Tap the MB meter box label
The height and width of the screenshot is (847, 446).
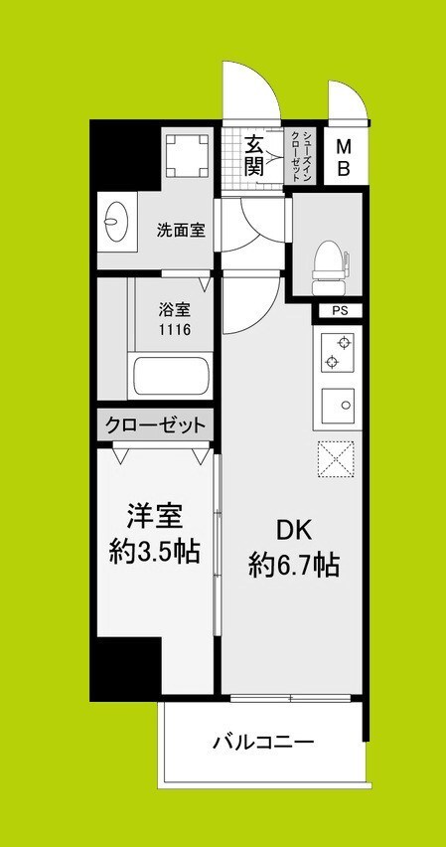(344, 157)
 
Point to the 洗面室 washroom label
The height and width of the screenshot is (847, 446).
(181, 231)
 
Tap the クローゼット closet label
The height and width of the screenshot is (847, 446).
(155, 425)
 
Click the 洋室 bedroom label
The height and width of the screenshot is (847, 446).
(155, 520)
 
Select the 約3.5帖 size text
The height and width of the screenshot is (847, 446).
(155, 554)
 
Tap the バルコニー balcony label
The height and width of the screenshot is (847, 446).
(263, 742)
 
